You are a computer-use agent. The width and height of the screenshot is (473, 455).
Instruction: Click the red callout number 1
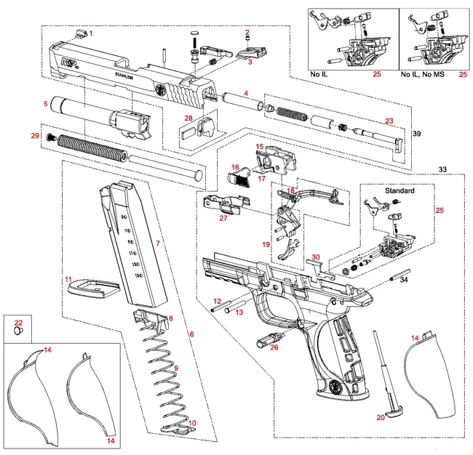[91, 33]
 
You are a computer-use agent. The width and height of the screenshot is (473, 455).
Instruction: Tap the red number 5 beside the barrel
[45, 104]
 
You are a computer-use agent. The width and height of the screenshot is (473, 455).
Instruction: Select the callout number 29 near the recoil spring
[34, 136]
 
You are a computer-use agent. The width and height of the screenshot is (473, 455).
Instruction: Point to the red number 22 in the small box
[18, 322]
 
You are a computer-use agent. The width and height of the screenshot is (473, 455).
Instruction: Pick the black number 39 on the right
[417, 135]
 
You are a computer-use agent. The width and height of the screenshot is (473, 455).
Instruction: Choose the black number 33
[442, 169]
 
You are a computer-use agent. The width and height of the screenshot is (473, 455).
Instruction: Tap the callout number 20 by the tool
[380, 417]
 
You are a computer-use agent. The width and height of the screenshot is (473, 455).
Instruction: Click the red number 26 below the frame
[274, 347]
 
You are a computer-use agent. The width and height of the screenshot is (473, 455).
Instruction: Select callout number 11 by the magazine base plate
[66, 278]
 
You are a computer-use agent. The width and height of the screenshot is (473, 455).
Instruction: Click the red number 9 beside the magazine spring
[175, 369]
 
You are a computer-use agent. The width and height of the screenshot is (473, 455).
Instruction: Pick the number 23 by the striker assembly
[389, 121]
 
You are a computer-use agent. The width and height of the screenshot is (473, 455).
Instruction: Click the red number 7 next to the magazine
[158, 241]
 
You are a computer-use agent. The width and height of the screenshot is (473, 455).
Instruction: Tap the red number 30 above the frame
[315, 257]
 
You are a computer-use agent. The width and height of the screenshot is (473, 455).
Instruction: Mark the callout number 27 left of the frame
[223, 217]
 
